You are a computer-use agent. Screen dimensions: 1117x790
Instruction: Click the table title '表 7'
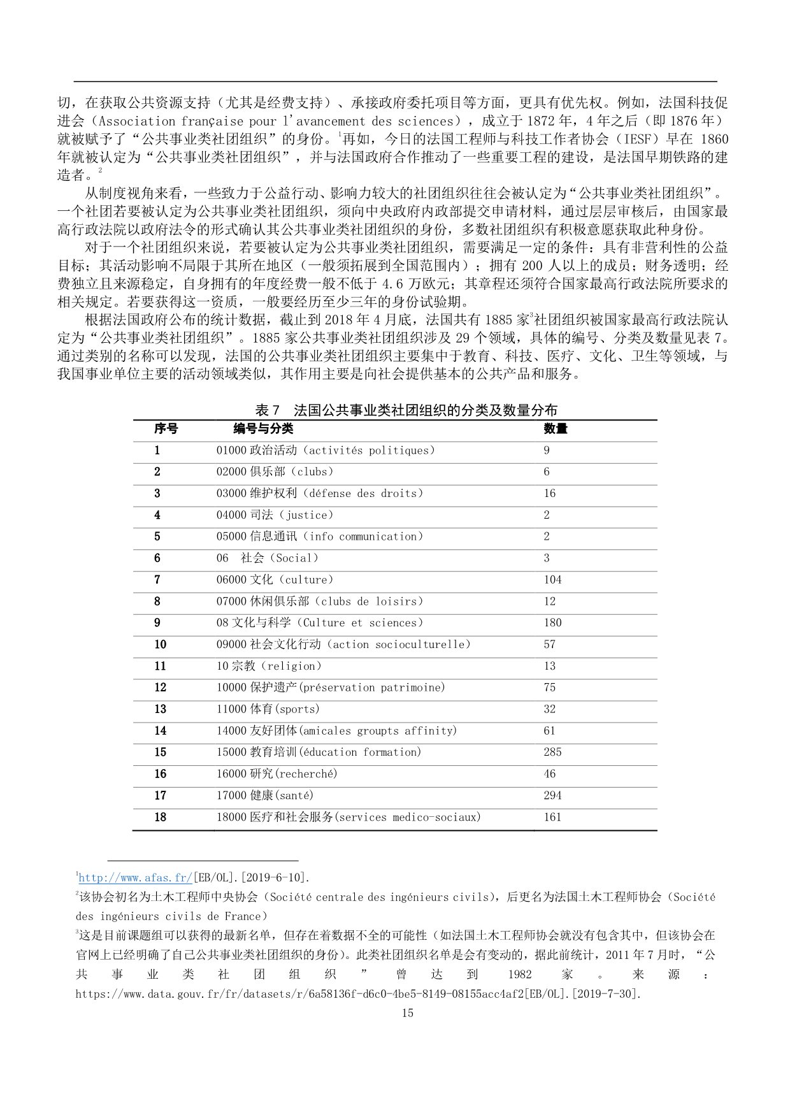pyautogui.click(x=268, y=410)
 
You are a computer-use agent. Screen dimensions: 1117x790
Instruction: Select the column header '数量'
pyautogui.click(x=555, y=429)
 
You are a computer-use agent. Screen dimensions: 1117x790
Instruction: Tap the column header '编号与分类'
pyautogui.click(x=263, y=429)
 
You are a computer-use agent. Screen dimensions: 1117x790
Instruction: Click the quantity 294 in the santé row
pyautogui.click(x=552, y=795)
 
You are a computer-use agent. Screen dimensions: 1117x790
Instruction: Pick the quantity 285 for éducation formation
pyautogui.click(x=552, y=752)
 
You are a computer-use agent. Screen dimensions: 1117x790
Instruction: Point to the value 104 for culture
pyautogui.click(x=552, y=579)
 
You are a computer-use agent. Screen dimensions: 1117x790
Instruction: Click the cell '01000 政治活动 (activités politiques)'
pyautogui.click(x=326, y=450)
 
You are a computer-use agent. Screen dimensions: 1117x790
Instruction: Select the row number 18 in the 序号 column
pyautogui.click(x=160, y=817)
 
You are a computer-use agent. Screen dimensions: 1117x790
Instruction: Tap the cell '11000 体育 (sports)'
pyautogui.click(x=268, y=709)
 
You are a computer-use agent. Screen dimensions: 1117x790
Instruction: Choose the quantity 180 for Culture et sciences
pyautogui.click(x=552, y=623)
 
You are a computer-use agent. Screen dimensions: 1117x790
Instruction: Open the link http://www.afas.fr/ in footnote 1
pyautogui.click(x=135, y=878)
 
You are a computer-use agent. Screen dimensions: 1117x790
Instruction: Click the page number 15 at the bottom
pyautogui.click(x=408, y=1013)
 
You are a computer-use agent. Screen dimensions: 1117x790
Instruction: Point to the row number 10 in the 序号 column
pyautogui.click(x=160, y=644)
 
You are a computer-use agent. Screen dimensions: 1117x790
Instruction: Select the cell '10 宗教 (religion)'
pyautogui.click(x=269, y=666)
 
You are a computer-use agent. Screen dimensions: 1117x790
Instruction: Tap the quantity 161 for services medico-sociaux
pyautogui.click(x=552, y=817)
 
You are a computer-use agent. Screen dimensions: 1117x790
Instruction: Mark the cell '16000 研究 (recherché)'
pyautogui.click(x=276, y=774)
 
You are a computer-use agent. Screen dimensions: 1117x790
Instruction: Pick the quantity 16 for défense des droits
pyautogui.click(x=549, y=493)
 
